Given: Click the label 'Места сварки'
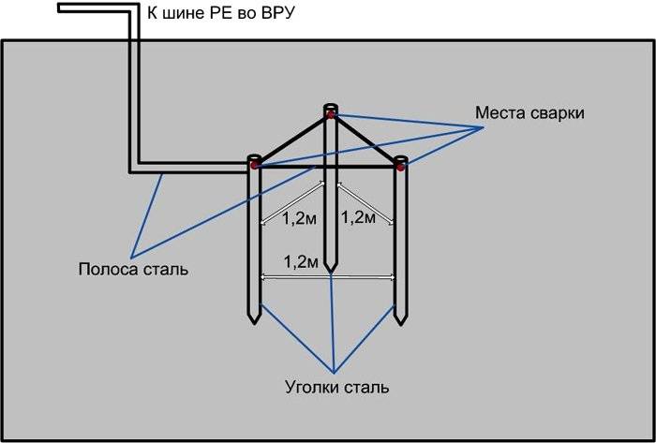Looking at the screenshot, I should [529, 113].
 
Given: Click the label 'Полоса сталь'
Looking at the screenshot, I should [133, 270].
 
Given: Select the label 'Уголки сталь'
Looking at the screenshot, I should [335, 386].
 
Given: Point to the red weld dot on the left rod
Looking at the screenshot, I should [254, 165].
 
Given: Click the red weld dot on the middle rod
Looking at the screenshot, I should [329, 115].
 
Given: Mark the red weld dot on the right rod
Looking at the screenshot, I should [400, 167].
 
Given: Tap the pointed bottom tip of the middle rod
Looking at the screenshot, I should [329, 273].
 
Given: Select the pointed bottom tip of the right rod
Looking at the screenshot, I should [401, 323].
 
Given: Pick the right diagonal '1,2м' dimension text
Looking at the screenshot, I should [359, 218].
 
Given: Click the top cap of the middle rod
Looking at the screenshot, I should [329, 106].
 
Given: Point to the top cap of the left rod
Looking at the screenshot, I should [254, 156].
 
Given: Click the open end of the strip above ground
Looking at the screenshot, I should [60, 8].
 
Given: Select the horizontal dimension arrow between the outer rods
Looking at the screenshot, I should [327, 276].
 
